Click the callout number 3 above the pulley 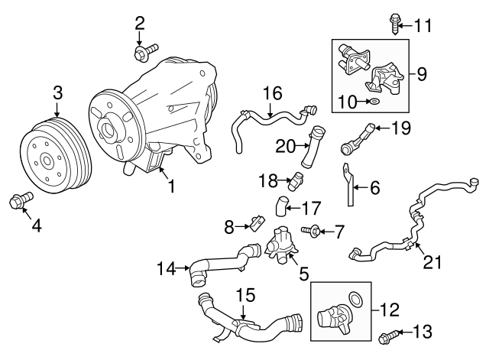(x=57, y=93)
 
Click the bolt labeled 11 (x=397, y=23)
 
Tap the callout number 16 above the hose (x=273, y=93)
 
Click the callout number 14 (x=166, y=268)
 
